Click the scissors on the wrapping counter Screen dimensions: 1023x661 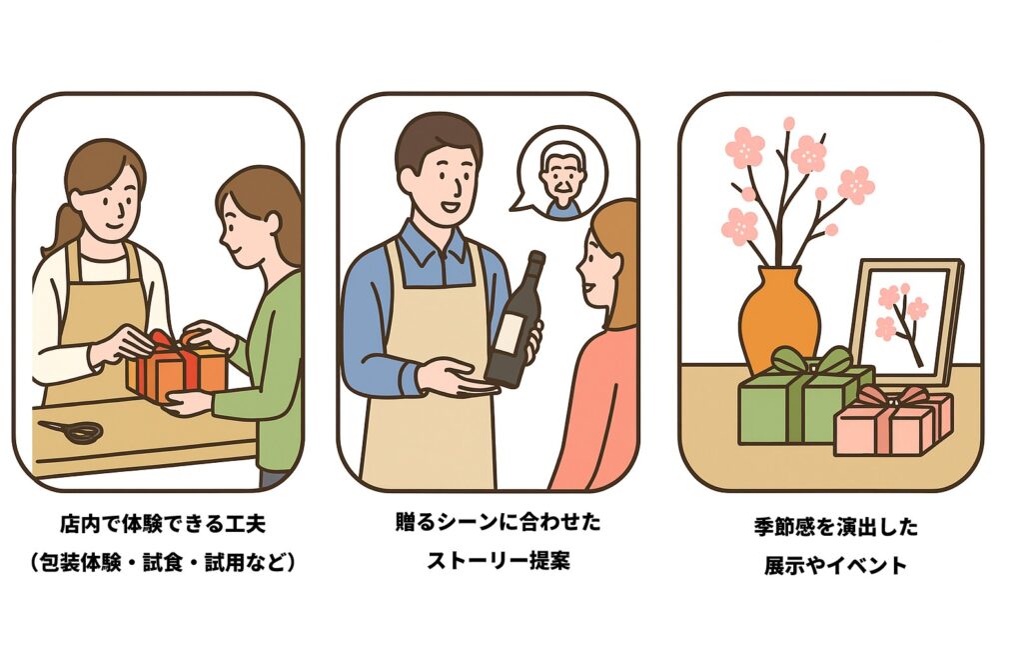tap(72, 431)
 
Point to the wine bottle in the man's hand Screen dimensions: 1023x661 tap(515, 319)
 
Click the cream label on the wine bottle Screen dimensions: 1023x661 tap(509, 332)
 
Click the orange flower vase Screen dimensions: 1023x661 tap(779, 321)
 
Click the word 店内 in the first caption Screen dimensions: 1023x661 tap(75, 524)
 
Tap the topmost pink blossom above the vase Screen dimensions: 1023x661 tap(789, 123)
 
